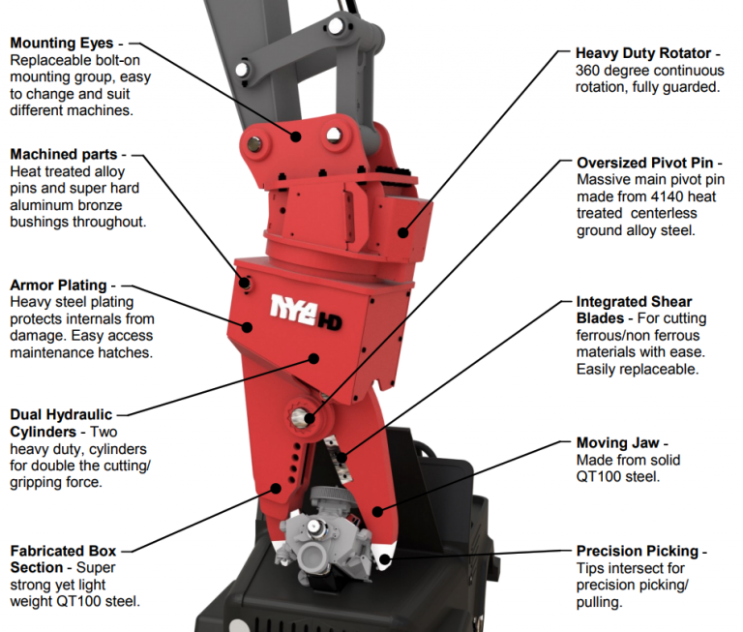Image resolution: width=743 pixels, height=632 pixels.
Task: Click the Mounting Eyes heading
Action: tap(61, 44)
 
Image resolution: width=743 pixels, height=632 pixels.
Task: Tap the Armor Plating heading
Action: tap(57, 286)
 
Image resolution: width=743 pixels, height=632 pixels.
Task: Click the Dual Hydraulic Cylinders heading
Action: tap(61, 422)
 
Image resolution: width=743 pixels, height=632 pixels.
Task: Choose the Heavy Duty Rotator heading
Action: tap(642, 53)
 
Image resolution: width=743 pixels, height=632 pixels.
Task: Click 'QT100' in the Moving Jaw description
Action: tap(600, 477)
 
